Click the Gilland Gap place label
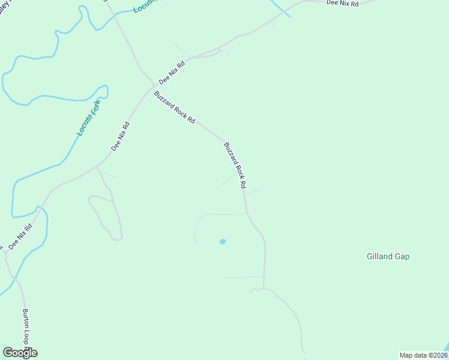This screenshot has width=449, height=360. coord(388,256)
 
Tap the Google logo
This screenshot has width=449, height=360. coord(20,353)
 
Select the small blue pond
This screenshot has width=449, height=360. coord(223,242)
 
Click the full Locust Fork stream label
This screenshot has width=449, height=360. coord(89,118)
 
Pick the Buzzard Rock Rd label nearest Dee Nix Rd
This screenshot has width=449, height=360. coord(175,107)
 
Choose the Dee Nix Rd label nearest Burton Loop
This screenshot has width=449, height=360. coord(20,237)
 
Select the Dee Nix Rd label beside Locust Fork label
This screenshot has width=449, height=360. coord(120,136)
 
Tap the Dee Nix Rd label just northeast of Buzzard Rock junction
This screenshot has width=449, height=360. coord(172,72)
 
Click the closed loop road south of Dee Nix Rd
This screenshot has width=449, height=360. coord(104,216)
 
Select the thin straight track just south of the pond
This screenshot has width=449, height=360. coord(244,277)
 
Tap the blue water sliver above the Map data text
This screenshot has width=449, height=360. coord(445,348)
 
